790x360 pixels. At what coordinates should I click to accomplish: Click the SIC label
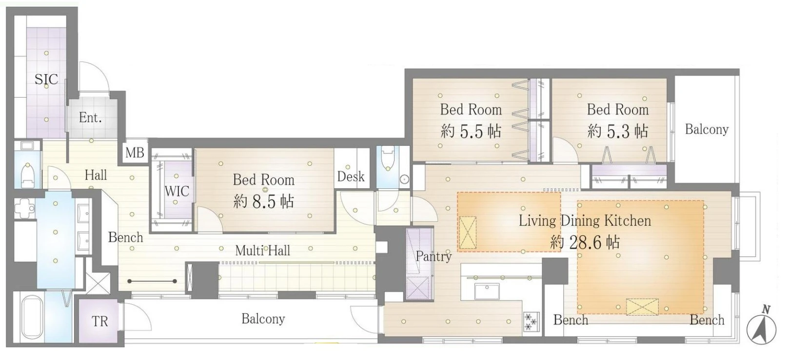click(46, 79)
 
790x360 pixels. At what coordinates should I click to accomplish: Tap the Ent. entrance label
click(90, 118)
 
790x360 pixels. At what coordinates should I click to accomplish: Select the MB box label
click(135, 153)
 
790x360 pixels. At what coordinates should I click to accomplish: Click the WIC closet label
click(177, 191)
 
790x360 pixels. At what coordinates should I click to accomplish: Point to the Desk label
click(351, 176)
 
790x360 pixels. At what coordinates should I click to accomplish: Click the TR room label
click(100, 321)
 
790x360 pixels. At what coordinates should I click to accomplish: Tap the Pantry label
click(434, 256)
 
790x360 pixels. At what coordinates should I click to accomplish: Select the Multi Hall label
click(263, 251)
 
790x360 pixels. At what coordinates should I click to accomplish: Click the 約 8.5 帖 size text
click(263, 201)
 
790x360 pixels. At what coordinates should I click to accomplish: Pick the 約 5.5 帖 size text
click(471, 131)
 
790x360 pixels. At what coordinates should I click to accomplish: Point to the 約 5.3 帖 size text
click(617, 131)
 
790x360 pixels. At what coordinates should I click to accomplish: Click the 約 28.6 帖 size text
click(585, 242)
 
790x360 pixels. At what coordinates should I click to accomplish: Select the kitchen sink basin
click(487, 292)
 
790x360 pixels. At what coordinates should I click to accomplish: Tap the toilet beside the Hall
click(27, 175)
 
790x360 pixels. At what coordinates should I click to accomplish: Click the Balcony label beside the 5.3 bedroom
click(707, 130)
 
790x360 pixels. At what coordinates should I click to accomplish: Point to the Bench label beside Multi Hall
click(125, 237)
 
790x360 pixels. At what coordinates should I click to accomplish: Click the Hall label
click(96, 175)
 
